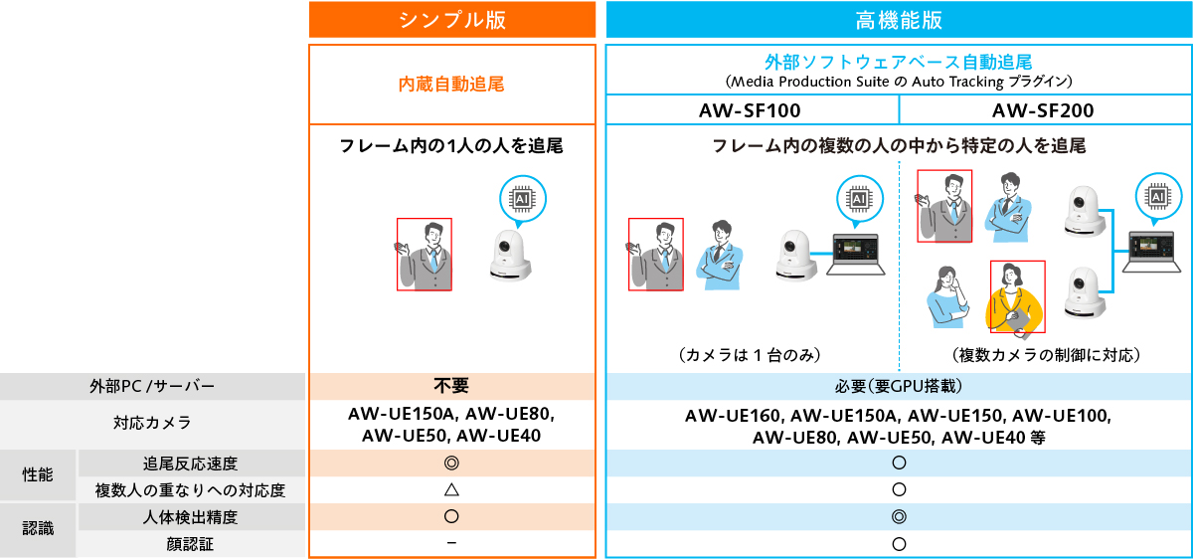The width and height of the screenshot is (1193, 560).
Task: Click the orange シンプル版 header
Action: pos(452,20)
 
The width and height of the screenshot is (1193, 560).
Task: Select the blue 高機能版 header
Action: pos(899,20)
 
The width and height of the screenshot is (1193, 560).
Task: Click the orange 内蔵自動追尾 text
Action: pos(451,85)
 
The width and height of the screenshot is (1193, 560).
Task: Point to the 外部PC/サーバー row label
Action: pos(152,386)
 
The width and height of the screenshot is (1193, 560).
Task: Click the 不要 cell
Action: pos(451,386)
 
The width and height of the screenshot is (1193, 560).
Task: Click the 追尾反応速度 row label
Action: pos(191,464)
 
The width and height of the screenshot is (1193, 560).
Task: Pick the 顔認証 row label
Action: pos(191,544)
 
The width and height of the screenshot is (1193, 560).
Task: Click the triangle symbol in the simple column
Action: pos(451,489)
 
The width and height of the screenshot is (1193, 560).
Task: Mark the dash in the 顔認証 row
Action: pos(451,543)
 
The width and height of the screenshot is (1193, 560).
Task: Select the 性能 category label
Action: pos(39,475)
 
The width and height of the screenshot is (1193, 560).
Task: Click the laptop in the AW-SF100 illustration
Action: pos(858,255)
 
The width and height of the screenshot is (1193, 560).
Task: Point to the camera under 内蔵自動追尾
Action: pos(511,257)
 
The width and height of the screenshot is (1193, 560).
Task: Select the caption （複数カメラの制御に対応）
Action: pos(1046,355)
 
